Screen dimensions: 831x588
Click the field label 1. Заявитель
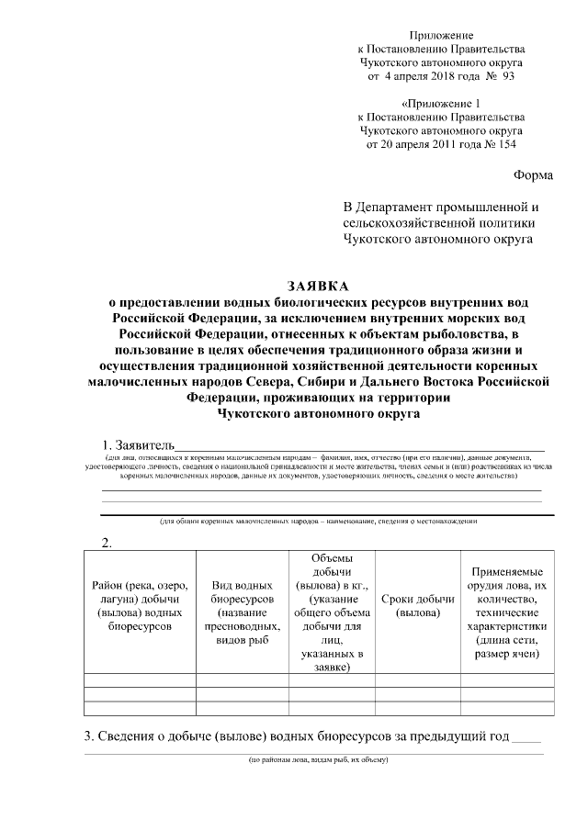137,445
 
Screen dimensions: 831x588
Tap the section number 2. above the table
106,543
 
